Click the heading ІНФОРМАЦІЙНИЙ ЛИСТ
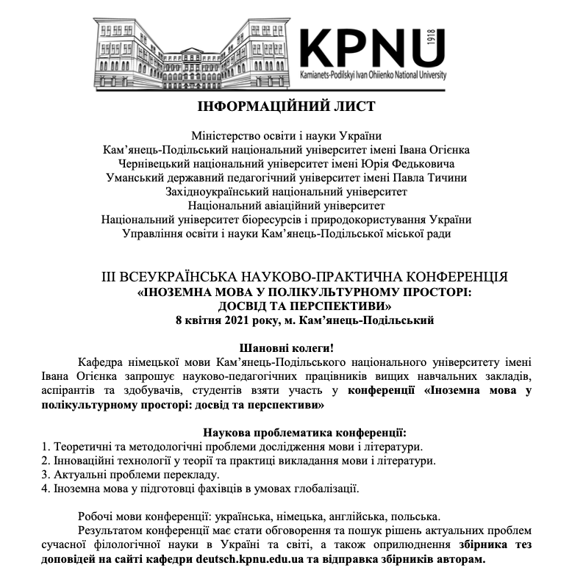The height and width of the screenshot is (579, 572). click(286, 107)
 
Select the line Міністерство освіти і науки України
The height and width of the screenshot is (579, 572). click(286, 135)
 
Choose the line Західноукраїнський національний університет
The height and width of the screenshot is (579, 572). click(286, 191)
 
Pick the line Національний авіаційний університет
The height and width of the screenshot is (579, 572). click(286, 205)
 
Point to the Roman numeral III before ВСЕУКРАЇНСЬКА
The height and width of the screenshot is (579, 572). click(110, 277)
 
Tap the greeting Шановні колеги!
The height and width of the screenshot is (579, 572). click(285, 347)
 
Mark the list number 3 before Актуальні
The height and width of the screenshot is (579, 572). click(45, 474)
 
